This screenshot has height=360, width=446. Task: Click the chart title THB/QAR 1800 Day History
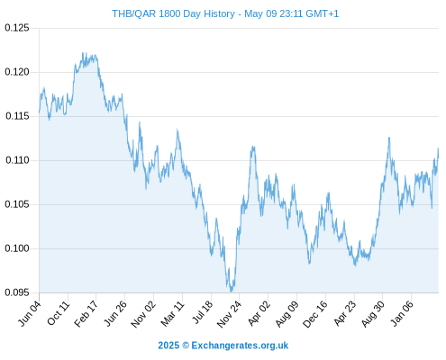(173, 13)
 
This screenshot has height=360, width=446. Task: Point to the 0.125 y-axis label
(17, 28)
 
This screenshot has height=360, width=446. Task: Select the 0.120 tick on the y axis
(17, 72)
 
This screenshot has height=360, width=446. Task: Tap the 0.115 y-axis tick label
(17, 116)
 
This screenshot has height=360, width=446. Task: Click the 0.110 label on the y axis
(17, 160)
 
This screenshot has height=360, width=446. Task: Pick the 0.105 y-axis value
(17, 204)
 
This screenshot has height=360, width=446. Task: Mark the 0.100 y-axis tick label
(17, 248)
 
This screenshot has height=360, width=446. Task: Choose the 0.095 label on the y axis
(17, 292)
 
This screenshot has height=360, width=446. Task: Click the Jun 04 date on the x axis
(30, 313)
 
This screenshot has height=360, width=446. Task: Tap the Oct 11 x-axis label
(59, 313)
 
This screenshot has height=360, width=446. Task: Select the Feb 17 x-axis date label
(86, 313)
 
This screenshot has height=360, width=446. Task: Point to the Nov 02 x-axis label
(143, 313)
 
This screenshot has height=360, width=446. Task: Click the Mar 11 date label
(172, 313)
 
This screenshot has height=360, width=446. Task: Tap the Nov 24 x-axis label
(229, 313)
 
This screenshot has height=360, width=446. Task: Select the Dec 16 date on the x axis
(315, 313)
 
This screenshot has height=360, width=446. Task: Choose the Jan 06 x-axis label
(402, 313)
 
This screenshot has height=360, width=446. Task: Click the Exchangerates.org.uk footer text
(240, 346)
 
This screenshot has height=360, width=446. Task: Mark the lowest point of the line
(231, 291)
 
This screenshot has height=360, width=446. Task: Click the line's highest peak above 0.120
(83, 53)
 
